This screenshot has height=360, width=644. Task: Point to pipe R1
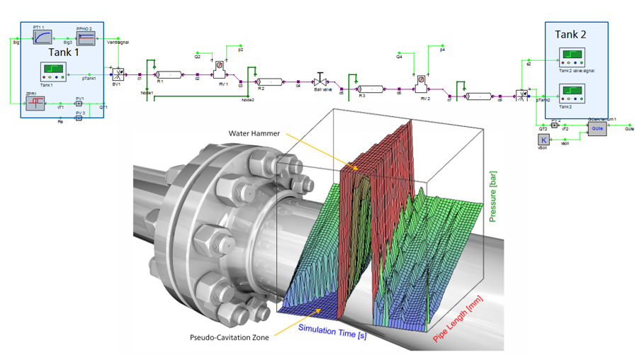coord(169,73)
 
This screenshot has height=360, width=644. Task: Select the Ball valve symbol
coord(321,79)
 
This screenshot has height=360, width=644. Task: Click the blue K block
coord(544,140)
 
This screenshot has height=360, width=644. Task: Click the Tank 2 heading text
coord(571,33)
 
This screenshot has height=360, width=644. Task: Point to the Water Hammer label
coord(254,133)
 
